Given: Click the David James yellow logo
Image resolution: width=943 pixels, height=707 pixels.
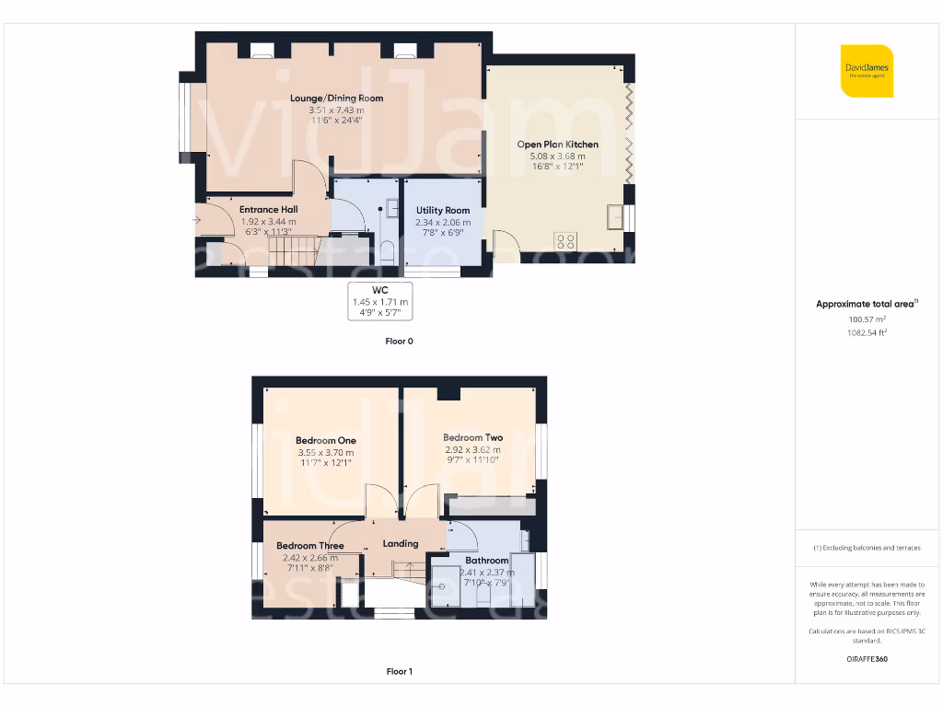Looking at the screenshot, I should (867, 71).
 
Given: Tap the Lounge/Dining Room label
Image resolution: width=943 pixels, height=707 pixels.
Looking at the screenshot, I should (336, 99).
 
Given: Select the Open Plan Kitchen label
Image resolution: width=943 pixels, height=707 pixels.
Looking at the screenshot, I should (557, 145).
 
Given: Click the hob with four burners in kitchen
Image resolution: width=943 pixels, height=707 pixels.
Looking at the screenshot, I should (565, 242).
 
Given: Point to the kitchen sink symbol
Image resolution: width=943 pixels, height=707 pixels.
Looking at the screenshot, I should (615, 217).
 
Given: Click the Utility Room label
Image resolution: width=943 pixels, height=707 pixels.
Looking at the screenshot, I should (443, 211).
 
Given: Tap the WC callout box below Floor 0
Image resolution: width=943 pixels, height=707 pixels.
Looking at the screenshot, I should (379, 301).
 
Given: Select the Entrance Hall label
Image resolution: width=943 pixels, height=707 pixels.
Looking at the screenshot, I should (269, 210).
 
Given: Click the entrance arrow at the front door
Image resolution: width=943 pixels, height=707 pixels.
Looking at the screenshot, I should (197, 220).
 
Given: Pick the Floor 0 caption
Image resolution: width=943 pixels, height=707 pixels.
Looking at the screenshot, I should (399, 341).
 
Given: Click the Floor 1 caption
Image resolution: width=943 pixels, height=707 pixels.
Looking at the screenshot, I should (399, 672).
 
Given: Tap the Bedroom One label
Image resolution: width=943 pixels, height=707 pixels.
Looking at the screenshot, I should (326, 441).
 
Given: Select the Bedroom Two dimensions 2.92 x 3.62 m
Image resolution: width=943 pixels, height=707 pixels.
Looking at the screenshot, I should (472, 449).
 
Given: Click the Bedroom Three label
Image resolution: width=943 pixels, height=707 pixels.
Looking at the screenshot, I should (310, 546).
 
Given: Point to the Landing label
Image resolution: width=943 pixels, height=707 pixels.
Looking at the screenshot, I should (401, 544).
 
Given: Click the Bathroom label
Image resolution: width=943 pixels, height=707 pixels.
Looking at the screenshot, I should (486, 561).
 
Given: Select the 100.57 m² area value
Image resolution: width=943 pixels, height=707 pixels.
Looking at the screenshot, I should (867, 319).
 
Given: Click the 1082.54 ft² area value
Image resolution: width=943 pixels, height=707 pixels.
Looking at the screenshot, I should (867, 332).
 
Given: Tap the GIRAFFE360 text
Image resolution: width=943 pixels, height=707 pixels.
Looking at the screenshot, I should (867, 659).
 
